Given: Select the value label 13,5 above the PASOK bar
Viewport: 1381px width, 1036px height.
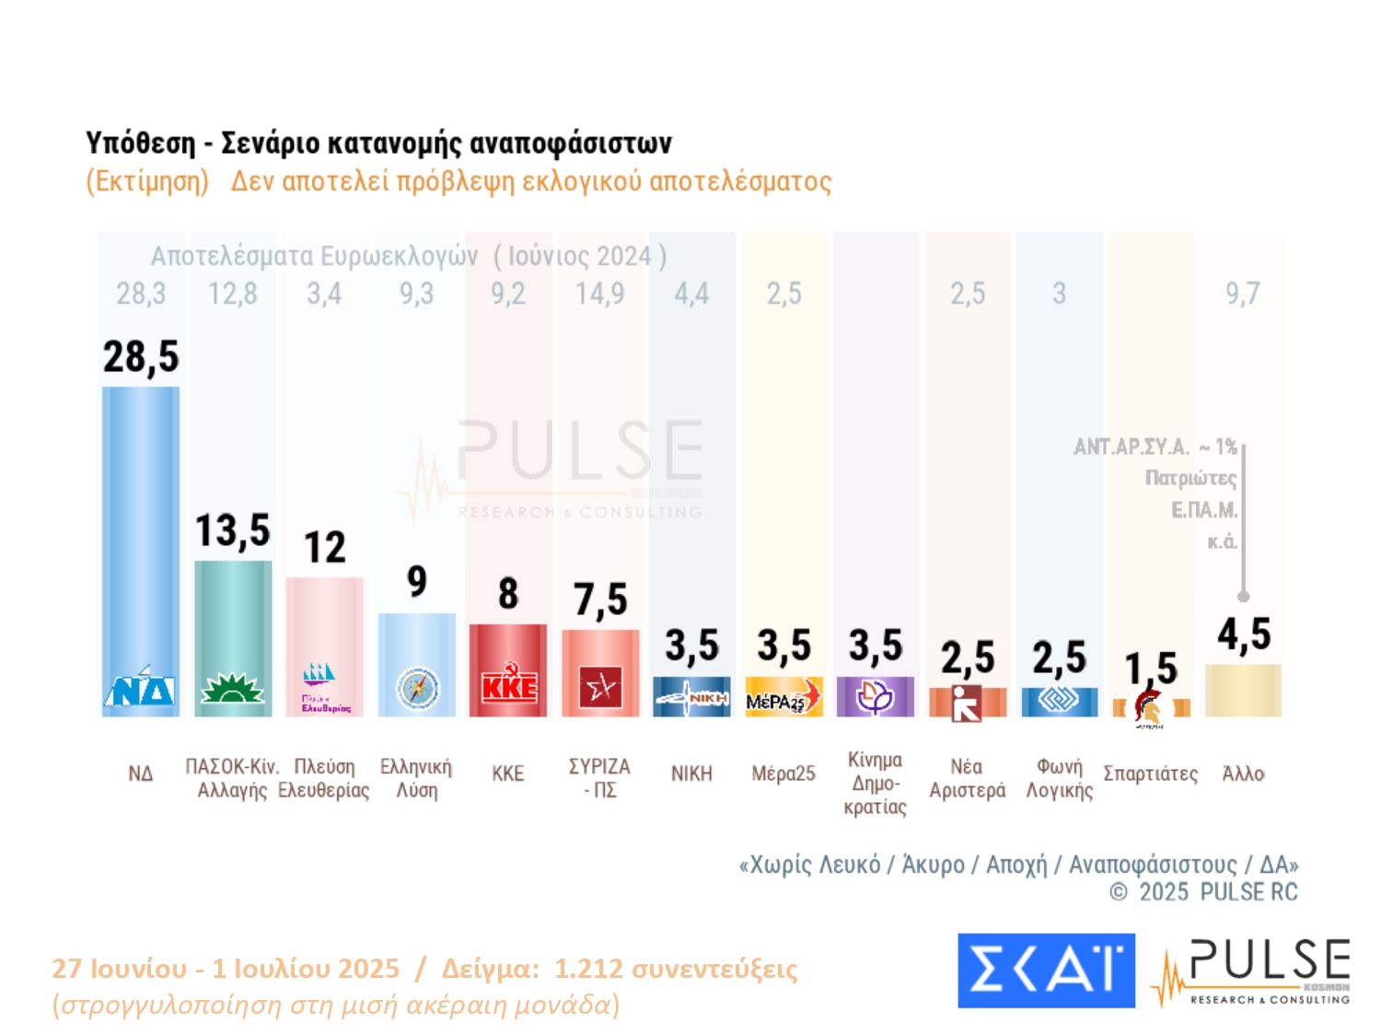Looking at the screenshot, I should point(233,531).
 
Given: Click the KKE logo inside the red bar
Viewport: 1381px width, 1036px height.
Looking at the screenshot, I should point(508,686).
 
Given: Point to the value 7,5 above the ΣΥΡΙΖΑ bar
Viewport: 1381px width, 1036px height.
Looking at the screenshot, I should point(600,599).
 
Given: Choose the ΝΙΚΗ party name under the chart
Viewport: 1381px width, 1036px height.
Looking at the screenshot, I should point(691,774).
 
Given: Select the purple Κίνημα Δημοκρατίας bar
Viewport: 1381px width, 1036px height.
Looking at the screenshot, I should point(876,696).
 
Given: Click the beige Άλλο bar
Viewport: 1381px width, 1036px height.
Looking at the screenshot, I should point(1243,690).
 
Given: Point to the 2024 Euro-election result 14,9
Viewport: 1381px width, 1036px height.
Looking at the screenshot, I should point(599,294).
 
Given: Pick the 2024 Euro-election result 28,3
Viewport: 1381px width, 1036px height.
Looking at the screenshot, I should point(141,294).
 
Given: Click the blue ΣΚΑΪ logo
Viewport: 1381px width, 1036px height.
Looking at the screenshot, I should point(1046,971).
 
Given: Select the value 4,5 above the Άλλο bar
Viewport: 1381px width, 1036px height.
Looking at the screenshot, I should point(1244,634).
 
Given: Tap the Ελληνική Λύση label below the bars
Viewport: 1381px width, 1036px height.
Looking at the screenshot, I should point(416,778).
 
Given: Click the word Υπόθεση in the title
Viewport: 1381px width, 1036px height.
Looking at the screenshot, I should point(140,143).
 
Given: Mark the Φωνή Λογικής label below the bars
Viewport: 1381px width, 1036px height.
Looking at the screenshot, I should point(1059,778).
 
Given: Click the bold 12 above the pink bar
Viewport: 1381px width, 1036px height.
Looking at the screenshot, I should point(325,548).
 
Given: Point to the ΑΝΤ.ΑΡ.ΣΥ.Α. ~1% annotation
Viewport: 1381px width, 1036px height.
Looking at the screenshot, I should point(1155,447).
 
